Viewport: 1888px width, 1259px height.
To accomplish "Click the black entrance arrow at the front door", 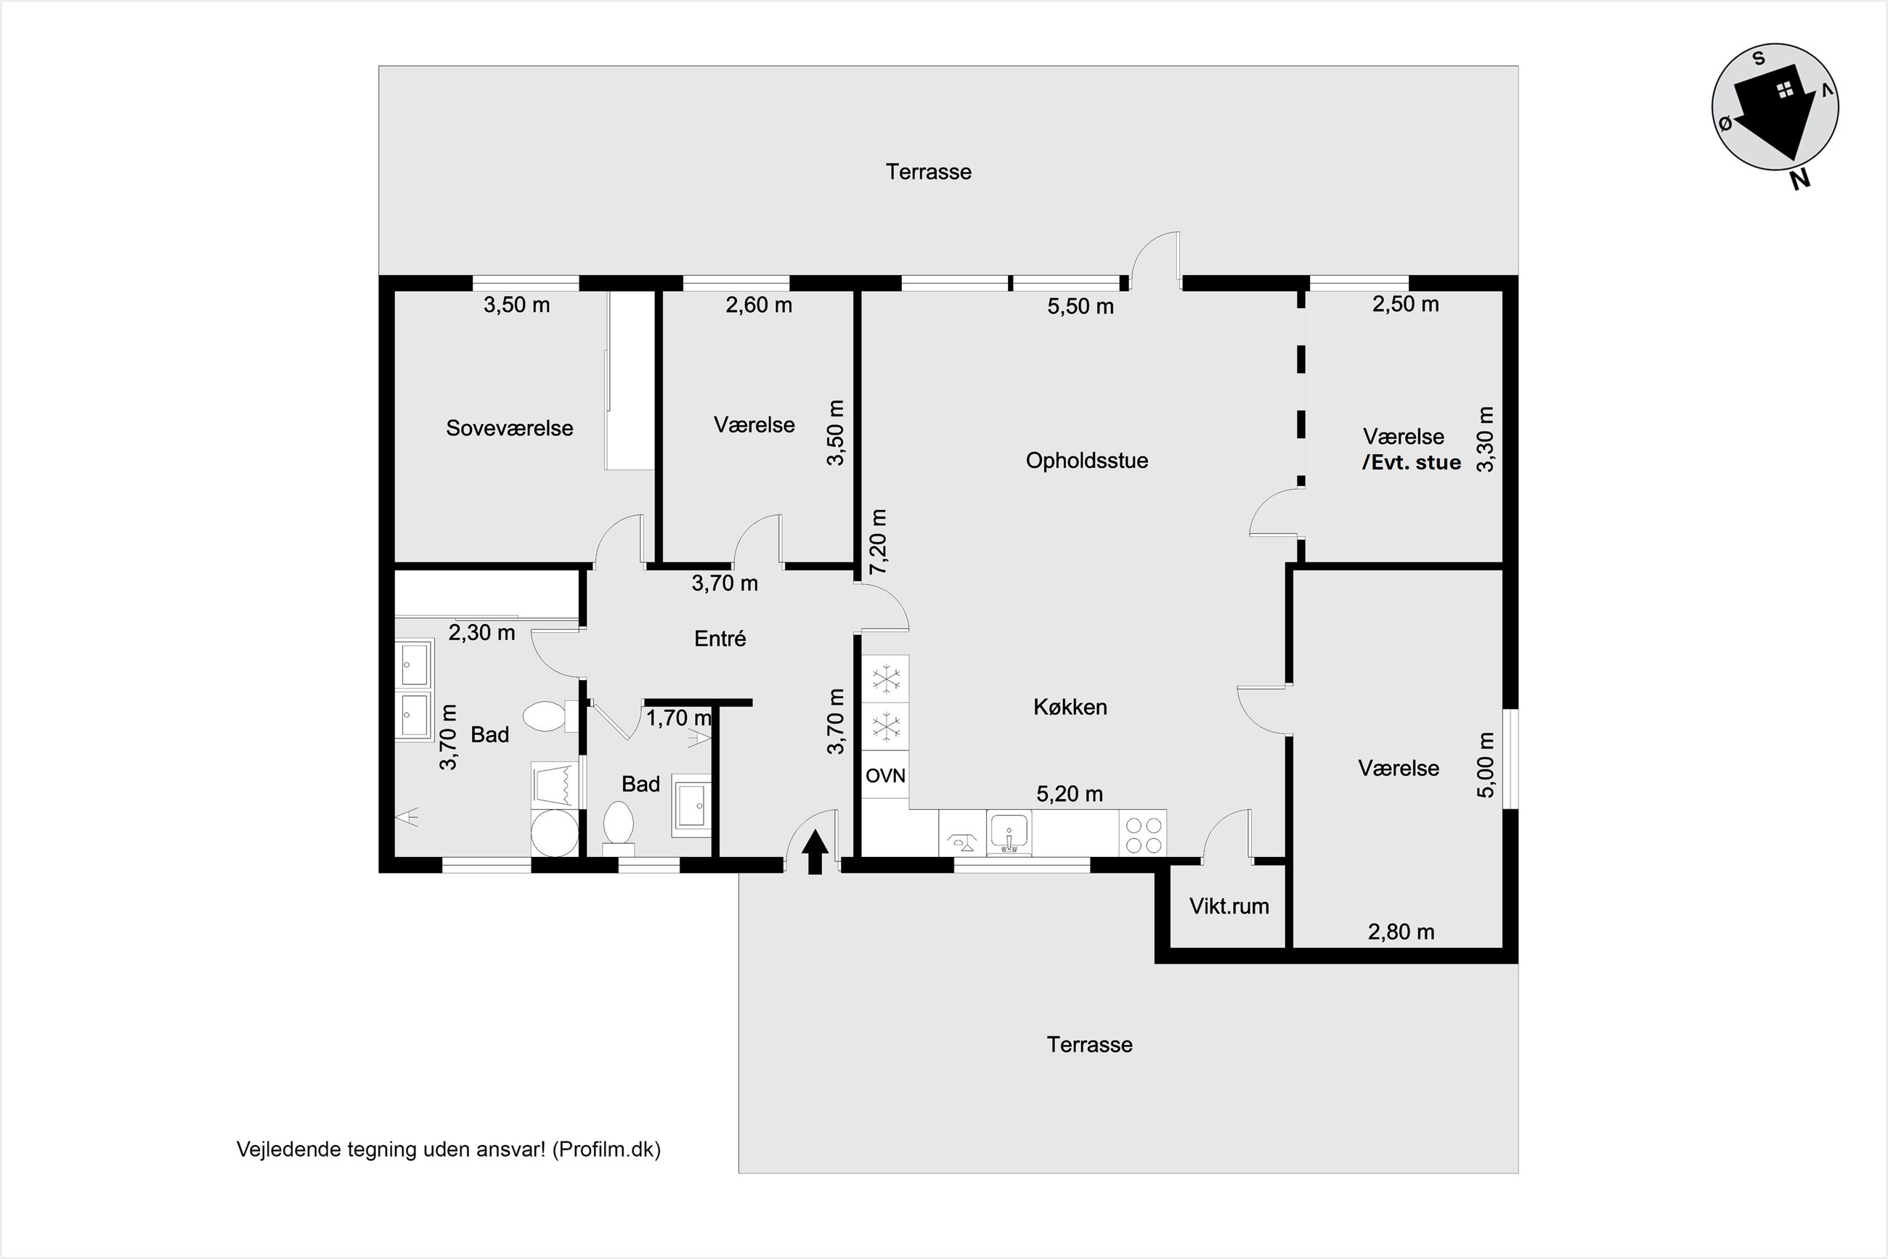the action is click(815, 851).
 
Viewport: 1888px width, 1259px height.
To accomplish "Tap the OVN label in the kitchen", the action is click(885, 776).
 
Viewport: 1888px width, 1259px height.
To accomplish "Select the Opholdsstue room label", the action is click(1087, 461).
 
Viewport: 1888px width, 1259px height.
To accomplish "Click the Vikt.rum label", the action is click(1229, 906).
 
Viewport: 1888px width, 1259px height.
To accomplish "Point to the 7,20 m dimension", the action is click(878, 541).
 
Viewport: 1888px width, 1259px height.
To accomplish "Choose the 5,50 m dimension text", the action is click(1081, 306).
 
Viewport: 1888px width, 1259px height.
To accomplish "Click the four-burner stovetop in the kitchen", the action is click(1143, 834).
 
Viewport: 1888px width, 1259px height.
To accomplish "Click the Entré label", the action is click(720, 639).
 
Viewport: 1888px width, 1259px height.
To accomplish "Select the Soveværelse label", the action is click(509, 428).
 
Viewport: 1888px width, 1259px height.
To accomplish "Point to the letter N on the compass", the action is click(1800, 181).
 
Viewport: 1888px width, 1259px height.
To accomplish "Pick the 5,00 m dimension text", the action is click(1486, 764).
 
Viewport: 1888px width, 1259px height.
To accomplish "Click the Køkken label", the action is click(1070, 707).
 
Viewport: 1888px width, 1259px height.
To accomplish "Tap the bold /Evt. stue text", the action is click(1412, 462).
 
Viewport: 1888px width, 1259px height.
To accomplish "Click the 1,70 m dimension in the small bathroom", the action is click(679, 718).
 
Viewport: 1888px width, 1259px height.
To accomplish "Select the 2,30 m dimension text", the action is click(481, 633).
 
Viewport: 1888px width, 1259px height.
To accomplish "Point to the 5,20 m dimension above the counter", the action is click(1070, 793).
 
